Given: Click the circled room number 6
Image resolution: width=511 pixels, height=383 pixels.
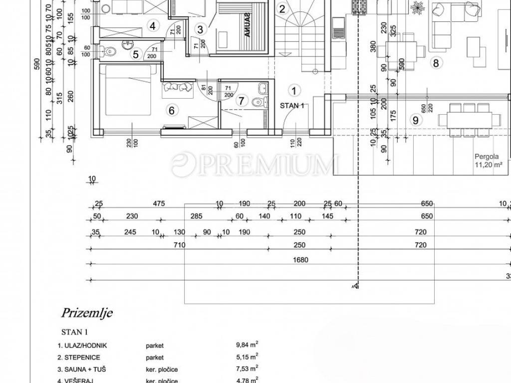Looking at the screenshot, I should point(172,111).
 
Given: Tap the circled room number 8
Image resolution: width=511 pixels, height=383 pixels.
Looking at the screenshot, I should point(436,63).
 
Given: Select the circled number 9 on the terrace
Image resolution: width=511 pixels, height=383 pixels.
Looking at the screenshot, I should point(414,120).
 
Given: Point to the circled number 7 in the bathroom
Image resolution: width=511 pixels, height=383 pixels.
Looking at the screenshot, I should point(242,101).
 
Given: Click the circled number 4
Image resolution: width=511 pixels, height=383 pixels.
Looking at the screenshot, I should point(152,26).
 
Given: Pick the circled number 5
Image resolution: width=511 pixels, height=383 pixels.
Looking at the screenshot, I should point(135,55).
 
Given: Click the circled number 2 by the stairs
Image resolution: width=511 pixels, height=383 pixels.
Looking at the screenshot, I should point(282,8).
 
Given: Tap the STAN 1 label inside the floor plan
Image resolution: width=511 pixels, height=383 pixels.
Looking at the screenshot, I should point(292,105).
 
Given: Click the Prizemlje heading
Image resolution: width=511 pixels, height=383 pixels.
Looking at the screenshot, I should point(87,313).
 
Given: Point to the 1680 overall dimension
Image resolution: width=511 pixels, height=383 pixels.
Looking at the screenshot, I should point(301,260).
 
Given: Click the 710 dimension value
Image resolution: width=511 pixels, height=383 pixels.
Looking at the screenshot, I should point(180,245).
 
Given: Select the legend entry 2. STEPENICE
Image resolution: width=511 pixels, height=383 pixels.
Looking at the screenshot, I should point(79,357).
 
